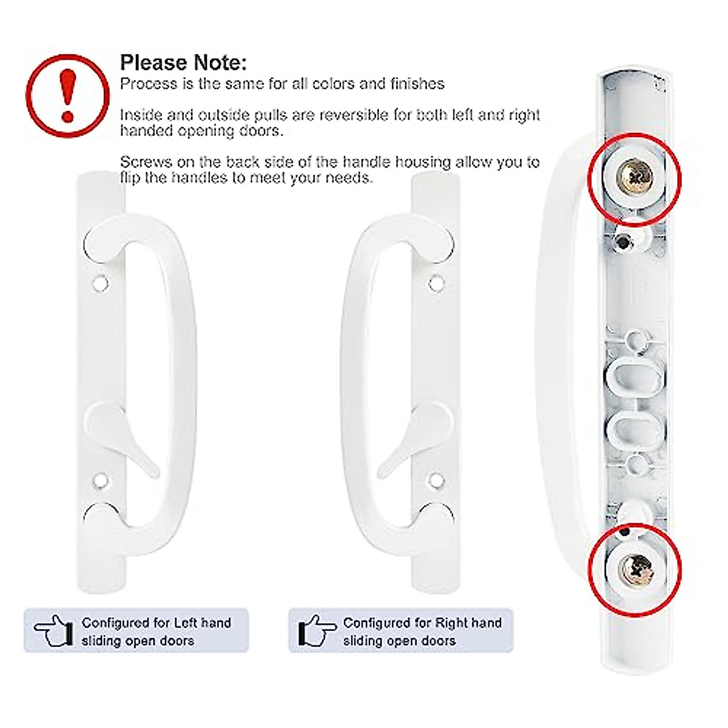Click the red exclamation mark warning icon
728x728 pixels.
67,95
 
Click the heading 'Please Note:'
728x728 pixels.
183,62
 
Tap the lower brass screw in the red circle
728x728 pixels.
635,568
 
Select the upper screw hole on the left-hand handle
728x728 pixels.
101,282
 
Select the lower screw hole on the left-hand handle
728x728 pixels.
101,481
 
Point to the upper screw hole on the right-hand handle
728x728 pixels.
435,282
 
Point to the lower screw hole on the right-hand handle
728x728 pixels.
435,481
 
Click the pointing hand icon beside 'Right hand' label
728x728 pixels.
316,631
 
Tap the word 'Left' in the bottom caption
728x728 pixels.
185,623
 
